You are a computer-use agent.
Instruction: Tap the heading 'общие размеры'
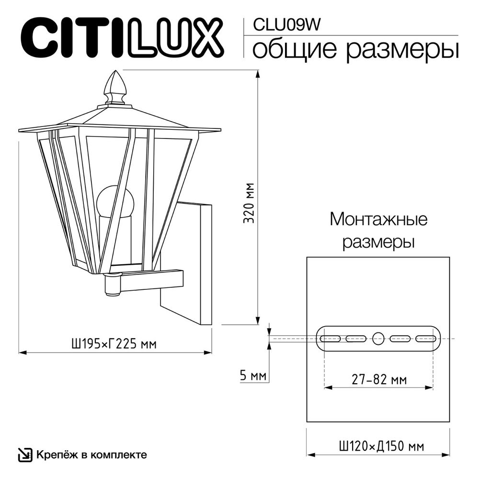click(355, 49)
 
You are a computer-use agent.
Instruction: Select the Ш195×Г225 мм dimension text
click(114, 343)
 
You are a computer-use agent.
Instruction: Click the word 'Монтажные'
click(378, 220)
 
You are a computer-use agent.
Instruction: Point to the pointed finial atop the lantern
click(114, 86)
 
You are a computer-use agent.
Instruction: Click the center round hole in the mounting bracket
click(378, 338)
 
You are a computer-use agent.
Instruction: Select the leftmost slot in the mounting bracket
click(330, 339)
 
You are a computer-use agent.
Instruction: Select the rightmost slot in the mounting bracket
click(426, 339)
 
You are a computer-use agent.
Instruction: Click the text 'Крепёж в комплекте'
click(91, 454)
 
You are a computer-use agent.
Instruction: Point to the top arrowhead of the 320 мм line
click(258, 75)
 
